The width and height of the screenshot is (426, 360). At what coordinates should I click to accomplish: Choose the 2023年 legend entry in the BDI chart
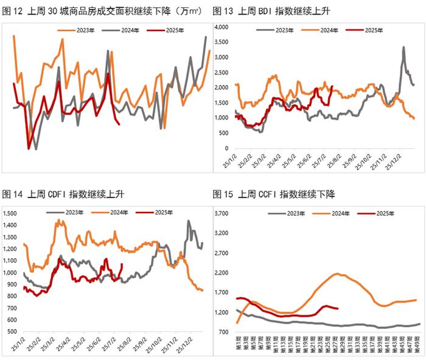pyautogui.click(x=282, y=29)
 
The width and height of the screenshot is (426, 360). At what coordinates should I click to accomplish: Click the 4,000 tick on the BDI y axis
pyautogui.click(x=220, y=27)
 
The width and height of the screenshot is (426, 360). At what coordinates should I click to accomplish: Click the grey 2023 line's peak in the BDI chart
pyautogui.click(x=403, y=47)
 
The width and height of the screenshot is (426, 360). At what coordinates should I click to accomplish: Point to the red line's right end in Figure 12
pyautogui.click(x=119, y=125)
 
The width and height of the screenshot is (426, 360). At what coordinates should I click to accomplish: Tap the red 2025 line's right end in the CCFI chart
pyautogui.click(x=337, y=308)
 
